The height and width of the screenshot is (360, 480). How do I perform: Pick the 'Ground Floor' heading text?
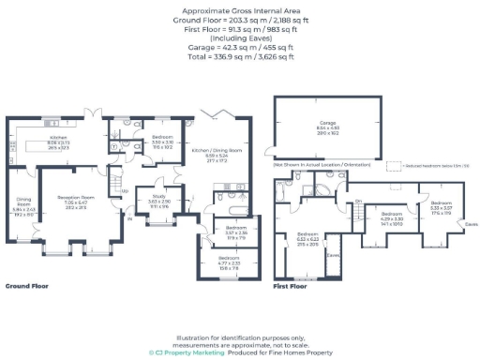pos(27,285)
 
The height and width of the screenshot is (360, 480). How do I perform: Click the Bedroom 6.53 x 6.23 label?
pos(307,240)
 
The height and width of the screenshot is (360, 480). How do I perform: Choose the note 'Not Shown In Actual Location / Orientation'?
pos(322,164)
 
